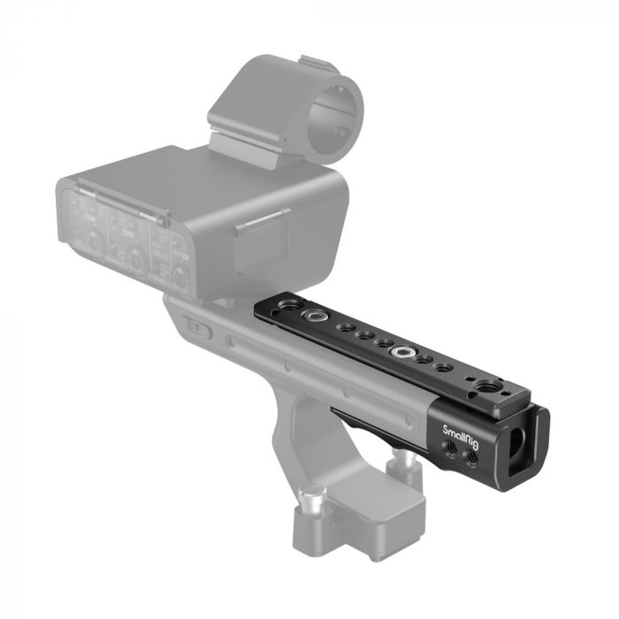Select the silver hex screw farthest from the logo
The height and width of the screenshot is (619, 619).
(x=312, y=316)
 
